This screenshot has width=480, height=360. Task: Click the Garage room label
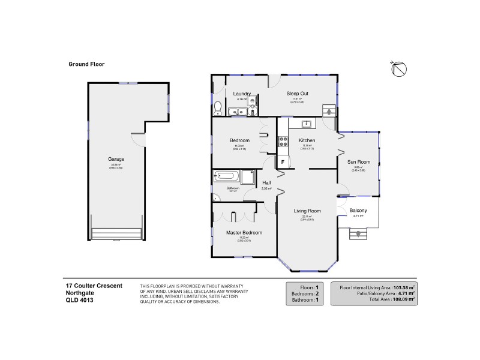[x=116, y=159]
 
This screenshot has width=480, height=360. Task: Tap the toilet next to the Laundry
[x=218, y=108]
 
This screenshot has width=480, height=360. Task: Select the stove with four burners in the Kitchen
[x=282, y=143]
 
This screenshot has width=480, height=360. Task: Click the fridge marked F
[x=282, y=161]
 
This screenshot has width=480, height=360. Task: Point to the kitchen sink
[x=307, y=124]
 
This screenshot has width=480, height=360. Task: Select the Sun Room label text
[x=359, y=162]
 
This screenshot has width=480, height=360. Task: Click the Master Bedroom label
[x=244, y=232]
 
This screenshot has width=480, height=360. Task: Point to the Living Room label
[x=307, y=211]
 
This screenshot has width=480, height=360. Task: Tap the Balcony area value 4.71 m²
[x=358, y=217]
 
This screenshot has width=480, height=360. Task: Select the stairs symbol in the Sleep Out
[x=329, y=110]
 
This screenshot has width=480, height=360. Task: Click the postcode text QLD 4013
[x=79, y=300]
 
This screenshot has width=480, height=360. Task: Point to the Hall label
[x=266, y=182]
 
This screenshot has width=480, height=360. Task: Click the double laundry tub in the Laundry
[x=239, y=111]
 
